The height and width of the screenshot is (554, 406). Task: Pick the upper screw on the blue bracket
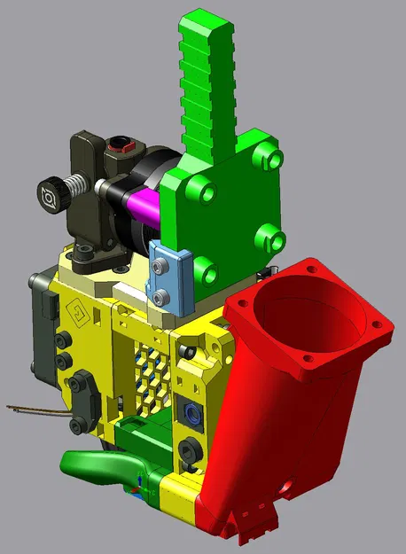tap(161, 266)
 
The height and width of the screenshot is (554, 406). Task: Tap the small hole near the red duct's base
tap(286, 487)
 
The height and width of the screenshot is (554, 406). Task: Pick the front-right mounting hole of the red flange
tap(306, 362)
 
